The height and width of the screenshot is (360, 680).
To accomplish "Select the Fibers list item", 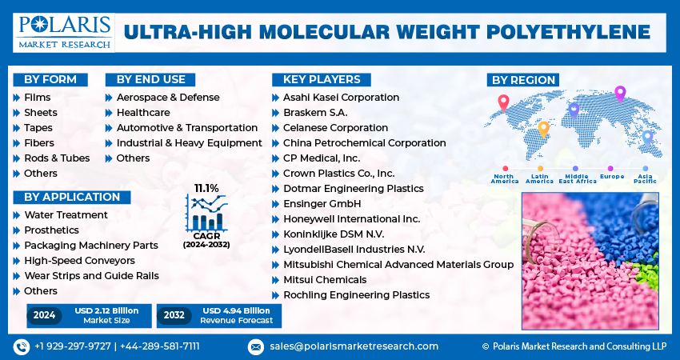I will [x=39, y=142].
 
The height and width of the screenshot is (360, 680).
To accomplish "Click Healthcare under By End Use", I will [x=143, y=112].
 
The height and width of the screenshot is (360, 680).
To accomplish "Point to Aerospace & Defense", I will [x=168, y=97].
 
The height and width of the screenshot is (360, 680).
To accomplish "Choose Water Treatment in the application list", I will [x=66, y=214].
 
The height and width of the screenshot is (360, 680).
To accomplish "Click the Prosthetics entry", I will [x=51, y=230].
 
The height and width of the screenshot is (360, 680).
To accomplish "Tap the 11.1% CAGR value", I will [x=206, y=188].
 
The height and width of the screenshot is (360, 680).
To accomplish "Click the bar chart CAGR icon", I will [x=206, y=214].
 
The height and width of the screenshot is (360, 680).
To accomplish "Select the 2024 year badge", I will [x=45, y=315].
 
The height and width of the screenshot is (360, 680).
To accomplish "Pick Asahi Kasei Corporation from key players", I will [x=341, y=97].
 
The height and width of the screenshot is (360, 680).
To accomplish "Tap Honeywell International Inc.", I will [x=351, y=218].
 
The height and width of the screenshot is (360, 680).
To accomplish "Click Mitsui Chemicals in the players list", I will [x=325, y=279].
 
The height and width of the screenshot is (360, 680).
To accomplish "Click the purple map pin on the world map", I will [x=619, y=94].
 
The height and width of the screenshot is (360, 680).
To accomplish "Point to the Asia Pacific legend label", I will [x=646, y=178].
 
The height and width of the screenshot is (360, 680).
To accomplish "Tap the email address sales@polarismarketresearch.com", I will [x=354, y=346].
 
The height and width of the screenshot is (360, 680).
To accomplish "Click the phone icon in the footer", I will [x=22, y=346].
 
